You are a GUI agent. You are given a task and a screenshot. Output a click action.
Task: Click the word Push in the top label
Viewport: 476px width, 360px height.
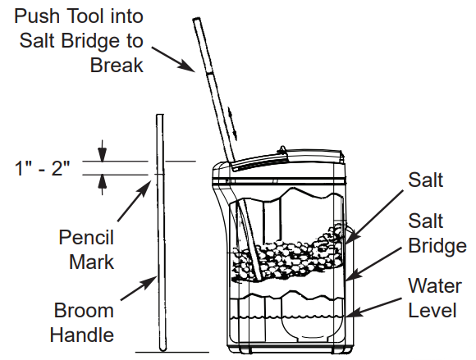(36, 16)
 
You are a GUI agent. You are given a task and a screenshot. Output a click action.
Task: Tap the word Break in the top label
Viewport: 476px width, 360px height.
(117, 65)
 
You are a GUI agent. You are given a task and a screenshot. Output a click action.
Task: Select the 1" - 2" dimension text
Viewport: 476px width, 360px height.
(43, 168)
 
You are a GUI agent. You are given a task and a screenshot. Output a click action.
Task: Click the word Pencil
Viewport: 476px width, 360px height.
(86, 238)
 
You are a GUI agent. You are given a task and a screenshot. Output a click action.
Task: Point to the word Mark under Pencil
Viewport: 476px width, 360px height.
(92, 262)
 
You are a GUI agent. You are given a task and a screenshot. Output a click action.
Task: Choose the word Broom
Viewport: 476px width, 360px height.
(84, 311)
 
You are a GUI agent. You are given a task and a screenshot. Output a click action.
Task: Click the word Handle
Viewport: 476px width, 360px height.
(82, 335)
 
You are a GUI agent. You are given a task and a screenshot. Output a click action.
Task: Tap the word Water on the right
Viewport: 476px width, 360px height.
(435, 286)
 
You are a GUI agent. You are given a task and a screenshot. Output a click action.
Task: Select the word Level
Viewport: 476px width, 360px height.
(432, 311)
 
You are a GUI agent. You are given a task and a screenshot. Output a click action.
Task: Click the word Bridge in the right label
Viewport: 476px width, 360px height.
(437, 246)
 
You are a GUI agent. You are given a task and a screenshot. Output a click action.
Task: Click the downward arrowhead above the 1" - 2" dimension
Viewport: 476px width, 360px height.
(103, 155)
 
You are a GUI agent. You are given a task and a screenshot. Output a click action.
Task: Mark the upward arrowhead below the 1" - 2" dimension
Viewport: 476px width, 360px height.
(103, 182)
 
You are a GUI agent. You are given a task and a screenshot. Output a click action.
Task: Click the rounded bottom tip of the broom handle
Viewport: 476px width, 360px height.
(163, 349)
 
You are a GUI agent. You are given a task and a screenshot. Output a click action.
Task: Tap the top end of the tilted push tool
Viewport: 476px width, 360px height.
(196, 19)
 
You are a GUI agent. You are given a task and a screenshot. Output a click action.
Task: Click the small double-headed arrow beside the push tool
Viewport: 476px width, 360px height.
(232, 124)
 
